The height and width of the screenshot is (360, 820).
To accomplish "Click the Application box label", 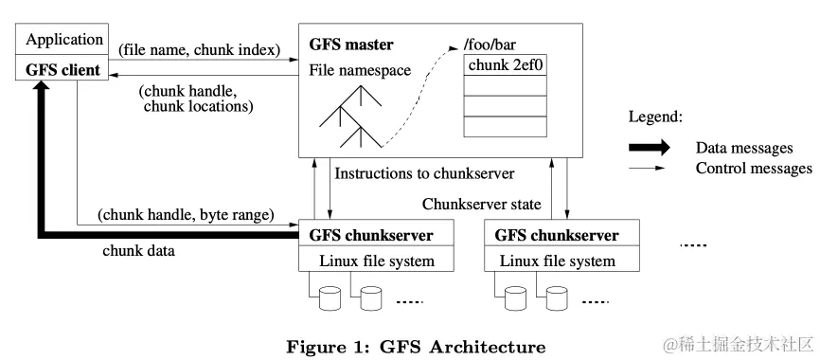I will pyautogui.click(x=63, y=40).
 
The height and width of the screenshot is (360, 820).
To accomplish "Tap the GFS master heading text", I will pyautogui.click(x=351, y=45).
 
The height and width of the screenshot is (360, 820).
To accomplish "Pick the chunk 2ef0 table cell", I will pyautogui.click(x=507, y=66).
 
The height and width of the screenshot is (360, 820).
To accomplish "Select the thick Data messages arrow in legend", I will pyautogui.click(x=649, y=148).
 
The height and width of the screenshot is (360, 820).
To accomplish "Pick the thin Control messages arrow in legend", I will pyautogui.click(x=649, y=169).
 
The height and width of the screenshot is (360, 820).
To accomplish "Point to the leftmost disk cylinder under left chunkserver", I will pyautogui.click(x=329, y=299).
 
